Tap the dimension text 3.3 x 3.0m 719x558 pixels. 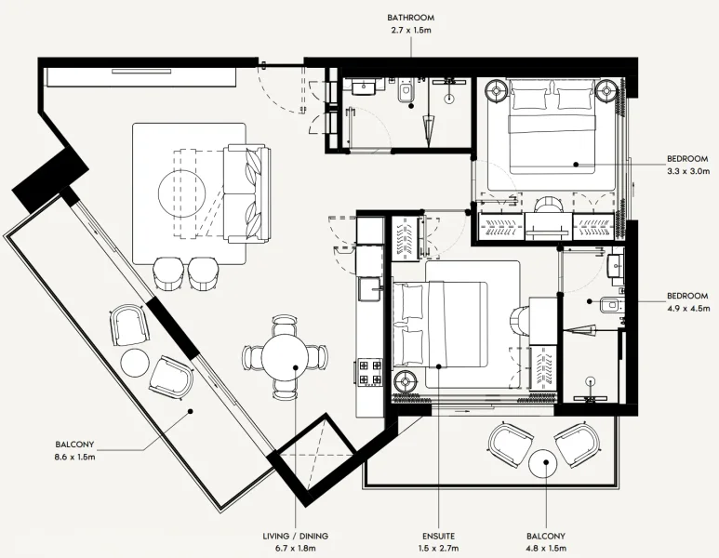(x=688, y=171)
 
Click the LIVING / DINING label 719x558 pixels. (x=295, y=537)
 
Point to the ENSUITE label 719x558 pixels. (x=438, y=537)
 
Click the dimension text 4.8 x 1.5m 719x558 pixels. (x=545, y=549)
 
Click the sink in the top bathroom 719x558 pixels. (x=362, y=87)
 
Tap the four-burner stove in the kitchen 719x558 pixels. (x=370, y=372)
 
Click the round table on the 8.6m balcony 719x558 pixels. (x=136, y=363)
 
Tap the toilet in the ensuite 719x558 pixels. (x=612, y=304)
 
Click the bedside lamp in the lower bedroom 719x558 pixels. (x=407, y=381)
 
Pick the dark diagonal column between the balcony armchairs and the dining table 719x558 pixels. (x=173, y=330)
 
